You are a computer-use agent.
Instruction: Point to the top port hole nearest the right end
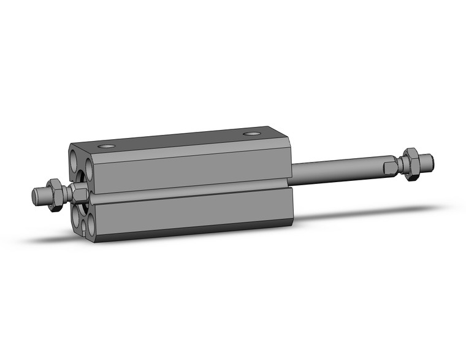[251, 134]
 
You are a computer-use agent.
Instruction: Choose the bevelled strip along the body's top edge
[184, 146]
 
